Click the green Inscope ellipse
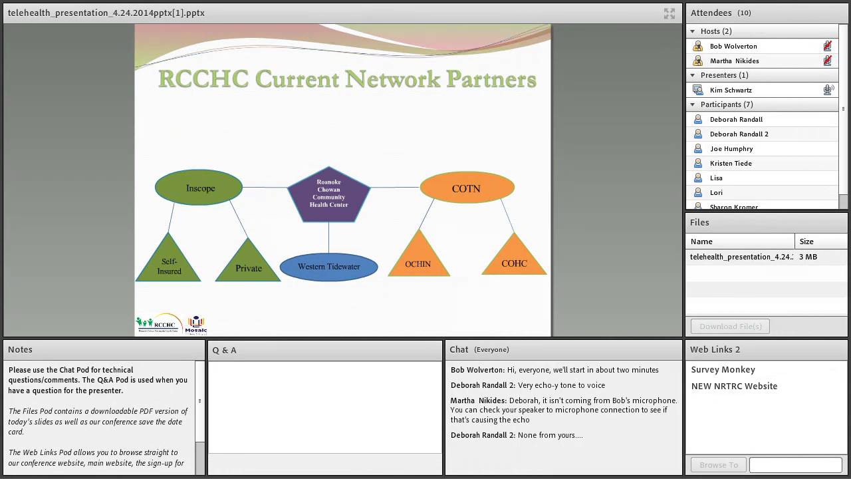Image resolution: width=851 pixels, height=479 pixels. click(x=199, y=188)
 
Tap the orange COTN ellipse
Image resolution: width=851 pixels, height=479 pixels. click(x=467, y=188)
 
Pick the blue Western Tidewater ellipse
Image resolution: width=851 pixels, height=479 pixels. click(x=328, y=267)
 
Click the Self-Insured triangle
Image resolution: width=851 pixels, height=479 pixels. click(x=169, y=264)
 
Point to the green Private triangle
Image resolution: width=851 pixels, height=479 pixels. click(x=248, y=265)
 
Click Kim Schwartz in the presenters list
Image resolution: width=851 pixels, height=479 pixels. click(x=731, y=90)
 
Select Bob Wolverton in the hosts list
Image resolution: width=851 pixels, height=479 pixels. click(x=733, y=46)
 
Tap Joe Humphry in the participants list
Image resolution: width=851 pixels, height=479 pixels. click(x=731, y=148)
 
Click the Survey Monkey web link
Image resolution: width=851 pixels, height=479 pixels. click(x=723, y=369)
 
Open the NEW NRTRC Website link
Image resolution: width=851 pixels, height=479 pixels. click(x=734, y=386)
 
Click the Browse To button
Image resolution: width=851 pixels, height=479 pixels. click(x=718, y=465)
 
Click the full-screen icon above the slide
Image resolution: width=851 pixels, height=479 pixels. click(x=669, y=13)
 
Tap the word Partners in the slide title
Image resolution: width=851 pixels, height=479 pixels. click(x=491, y=79)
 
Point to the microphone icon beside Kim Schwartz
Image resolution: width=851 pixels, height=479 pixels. click(x=828, y=90)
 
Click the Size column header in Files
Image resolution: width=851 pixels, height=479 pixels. click(x=806, y=241)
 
